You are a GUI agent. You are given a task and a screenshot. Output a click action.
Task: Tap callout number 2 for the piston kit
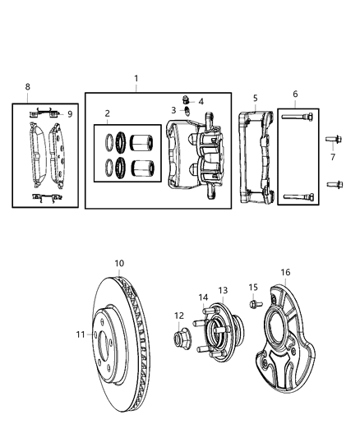coord(106,113)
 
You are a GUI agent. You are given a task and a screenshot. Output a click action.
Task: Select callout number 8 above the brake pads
coord(27,86)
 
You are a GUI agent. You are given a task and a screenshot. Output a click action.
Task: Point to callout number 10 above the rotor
coord(119,263)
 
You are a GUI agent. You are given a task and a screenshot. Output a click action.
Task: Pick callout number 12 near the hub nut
coord(178,316)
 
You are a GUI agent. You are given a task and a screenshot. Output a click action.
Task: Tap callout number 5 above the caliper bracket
coord(255,98)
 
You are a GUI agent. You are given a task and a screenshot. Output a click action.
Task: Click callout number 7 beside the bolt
coord(332,157)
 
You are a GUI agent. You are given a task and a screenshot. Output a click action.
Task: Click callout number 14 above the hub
coord(203,297)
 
